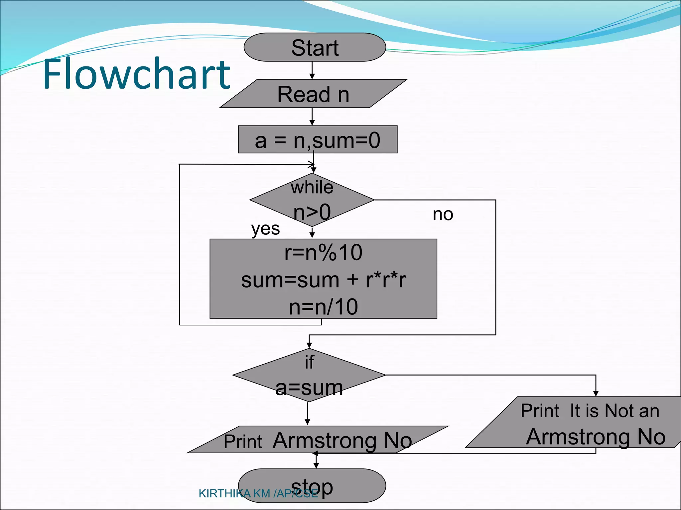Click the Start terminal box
pos(315,47)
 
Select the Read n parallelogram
pos(313,94)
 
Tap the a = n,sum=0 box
pos(318,139)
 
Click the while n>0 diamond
pos(312,200)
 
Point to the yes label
pos(265,229)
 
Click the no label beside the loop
pos(443,214)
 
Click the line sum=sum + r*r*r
pos(323,280)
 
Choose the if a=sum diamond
pos(309,375)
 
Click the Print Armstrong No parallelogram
pos(318,440)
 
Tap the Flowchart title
pos(136,74)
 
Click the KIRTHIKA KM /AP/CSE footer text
pos(258,494)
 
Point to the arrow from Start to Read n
pos(312,70)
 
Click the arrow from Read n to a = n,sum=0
pos(312,117)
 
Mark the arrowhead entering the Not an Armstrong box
pos(596,393)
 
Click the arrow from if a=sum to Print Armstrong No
pos(308,414)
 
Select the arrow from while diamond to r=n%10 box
pos(312,233)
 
